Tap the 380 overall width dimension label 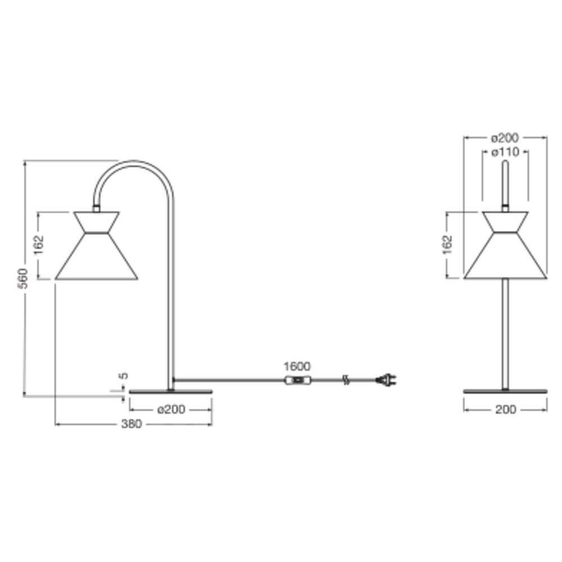(x=132, y=424)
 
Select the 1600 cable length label (x=297, y=366)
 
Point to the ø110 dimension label (x=505, y=152)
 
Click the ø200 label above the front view (x=505, y=137)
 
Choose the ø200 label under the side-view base (x=171, y=409)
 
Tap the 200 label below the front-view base (x=505, y=409)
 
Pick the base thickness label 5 (x=123, y=375)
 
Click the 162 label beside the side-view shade (x=38, y=245)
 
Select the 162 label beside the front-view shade (x=447, y=245)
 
